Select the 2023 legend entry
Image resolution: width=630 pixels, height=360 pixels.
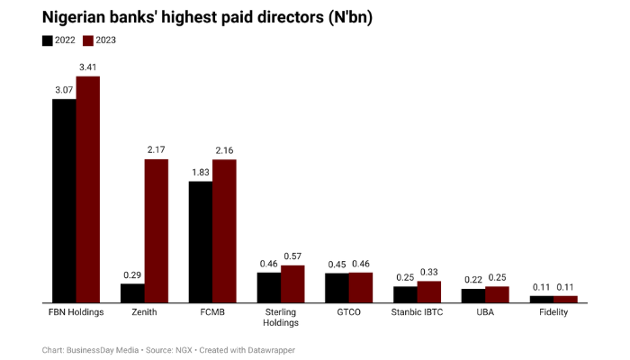click(x=99, y=40)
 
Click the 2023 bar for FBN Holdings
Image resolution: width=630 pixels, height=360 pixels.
click(x=88, y=189)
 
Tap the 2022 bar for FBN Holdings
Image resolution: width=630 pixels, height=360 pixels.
click(x=64, y=200)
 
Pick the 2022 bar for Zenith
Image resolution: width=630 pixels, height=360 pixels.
click(x=132, y=292)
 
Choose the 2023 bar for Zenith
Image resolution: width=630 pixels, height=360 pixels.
click(x=157, y=230)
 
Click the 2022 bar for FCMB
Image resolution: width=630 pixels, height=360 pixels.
click(x=200, y=241)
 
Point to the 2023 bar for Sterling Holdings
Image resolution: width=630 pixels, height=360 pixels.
click(x=292, y=283)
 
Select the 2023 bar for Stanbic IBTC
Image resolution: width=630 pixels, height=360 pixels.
click(x=429, y=291)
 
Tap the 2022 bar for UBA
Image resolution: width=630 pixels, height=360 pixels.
click(x=473, y=295)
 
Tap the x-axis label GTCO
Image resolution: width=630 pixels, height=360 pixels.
click(x=348, y=312)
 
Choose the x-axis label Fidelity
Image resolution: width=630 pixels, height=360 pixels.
click(x=553, y=312)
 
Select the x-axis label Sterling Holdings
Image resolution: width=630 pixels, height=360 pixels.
click(x=281, y=318)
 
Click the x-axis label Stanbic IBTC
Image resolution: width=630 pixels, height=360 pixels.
click(x=417, y=312)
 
